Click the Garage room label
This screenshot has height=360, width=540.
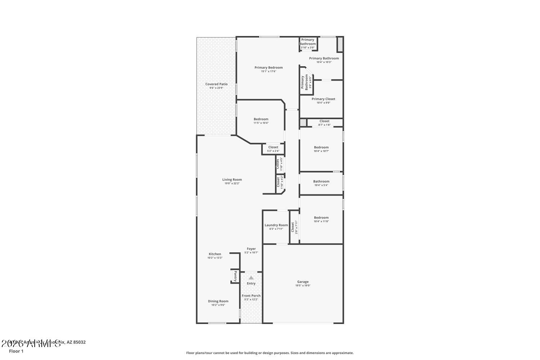[x=303, y=282]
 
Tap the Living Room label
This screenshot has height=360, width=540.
[x=232, y=180]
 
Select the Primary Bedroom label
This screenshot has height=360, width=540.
[x=269, y=67]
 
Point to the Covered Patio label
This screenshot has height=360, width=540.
[x=216, y=84]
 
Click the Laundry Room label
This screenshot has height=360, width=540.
[x=276, y=225]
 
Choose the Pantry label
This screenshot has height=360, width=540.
[x=235, y=276]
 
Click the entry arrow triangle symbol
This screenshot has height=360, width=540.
[x=251, y=278]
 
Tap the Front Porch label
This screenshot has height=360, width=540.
[x=251, y=296]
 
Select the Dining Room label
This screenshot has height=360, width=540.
[x=218, y=301]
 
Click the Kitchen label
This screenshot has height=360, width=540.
[x=215, y=254]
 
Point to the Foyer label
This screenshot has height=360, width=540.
[x=251, y=249]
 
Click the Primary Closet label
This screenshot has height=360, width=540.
[x=323, y=99]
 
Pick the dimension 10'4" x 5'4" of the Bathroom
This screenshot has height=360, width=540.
[x=321, y=185]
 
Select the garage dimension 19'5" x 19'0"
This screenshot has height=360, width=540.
[x=303, y=286]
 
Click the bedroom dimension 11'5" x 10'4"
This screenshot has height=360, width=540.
[x=261, y=123]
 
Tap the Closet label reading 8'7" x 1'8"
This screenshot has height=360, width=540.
[x=324, y=121]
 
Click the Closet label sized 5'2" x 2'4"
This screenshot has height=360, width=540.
[x=273, y=147]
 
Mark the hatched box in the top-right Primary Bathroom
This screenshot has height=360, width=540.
[x=339, y=45]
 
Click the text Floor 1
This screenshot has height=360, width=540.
[x=16, y=351]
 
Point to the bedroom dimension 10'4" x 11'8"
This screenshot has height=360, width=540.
[x=321, y=221]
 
